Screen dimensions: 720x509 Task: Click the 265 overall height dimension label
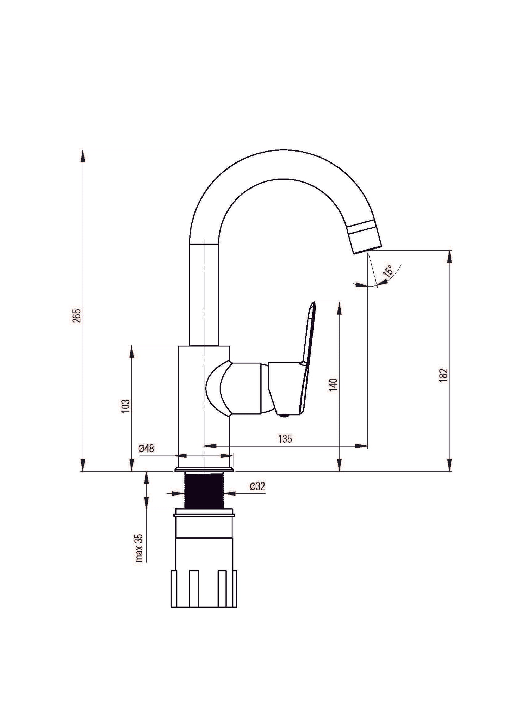point(77,315)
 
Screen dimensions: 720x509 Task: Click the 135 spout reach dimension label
point(285,439)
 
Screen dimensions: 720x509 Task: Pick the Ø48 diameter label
point(146,448)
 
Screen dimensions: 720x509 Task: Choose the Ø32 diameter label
point(257,487)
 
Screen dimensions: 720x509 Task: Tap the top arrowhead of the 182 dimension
point(449,256)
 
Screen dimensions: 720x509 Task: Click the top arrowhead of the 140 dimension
point(339,307)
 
